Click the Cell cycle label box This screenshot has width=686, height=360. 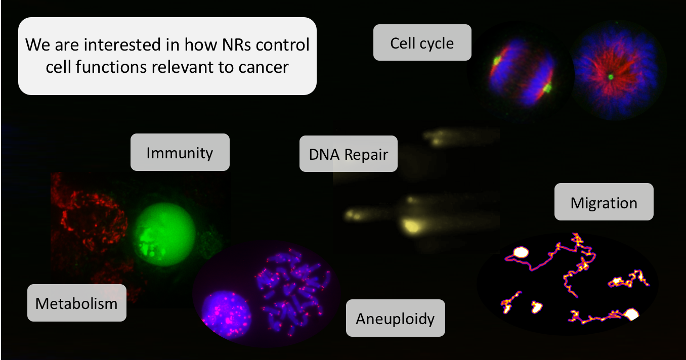tap(422, 42)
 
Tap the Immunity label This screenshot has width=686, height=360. tap(180, 152)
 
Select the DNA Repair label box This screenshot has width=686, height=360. tap(349, 154)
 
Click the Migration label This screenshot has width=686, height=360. tap(604, 202)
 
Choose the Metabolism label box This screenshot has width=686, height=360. tap(76, 303)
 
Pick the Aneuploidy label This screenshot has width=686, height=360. tap(396, 318)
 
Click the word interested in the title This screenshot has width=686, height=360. tap(122, 44)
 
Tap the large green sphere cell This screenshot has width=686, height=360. tap(164, 234)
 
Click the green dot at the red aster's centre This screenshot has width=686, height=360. tap(611, 77)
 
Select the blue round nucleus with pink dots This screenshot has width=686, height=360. tap(227, 313)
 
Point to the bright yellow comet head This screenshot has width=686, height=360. tap(411, 226)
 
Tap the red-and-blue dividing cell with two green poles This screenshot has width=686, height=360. tap(521, 72)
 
